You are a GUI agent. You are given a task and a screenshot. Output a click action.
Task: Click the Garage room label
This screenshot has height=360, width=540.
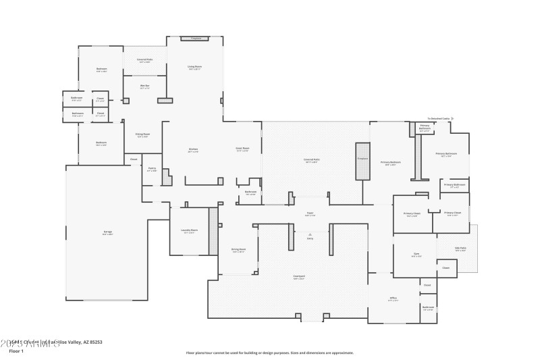(x=107, y=232)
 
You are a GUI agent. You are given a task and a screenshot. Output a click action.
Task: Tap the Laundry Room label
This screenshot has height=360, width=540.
(x=189, y=230)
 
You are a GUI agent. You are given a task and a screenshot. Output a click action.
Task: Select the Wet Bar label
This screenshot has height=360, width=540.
(x=144, y=86)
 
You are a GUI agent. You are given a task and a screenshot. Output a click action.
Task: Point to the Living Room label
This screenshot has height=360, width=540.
(x=194, y=66)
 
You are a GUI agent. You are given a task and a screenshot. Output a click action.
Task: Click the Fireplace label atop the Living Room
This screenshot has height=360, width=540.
(x=196, y=38)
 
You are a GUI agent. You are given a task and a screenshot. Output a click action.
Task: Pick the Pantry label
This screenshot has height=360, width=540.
(x=152, y=170)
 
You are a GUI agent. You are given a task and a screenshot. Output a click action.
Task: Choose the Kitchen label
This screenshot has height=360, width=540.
(x=193, y=149)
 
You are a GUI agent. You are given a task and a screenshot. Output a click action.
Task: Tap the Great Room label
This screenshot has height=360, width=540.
(x=242, y=149)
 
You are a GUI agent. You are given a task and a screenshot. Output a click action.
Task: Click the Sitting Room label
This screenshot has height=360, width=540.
(x=142, y=134)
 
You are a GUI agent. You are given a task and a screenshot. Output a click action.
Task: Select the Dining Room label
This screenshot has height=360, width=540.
(x=238, y=250)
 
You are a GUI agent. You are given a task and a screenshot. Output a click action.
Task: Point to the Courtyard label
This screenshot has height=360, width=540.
(x=299, y=276)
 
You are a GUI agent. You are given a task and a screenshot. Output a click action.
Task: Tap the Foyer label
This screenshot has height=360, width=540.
(x=310, y=213)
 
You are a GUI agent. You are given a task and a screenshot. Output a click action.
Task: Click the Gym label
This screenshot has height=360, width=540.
(x=416, y=254)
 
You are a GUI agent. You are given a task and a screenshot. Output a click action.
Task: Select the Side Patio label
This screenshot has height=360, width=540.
(x=460, y=249)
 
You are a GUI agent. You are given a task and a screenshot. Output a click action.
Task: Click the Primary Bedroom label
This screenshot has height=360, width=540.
(x=391, y=162)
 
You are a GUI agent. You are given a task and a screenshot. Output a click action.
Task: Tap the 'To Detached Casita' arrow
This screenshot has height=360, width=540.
(x=452, y=118)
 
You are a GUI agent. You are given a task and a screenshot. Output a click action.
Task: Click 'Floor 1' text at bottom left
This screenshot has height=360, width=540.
(x=16, y=351)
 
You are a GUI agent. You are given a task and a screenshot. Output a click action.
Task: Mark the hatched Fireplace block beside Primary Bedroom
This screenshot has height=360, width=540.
(x=362, y=161)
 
